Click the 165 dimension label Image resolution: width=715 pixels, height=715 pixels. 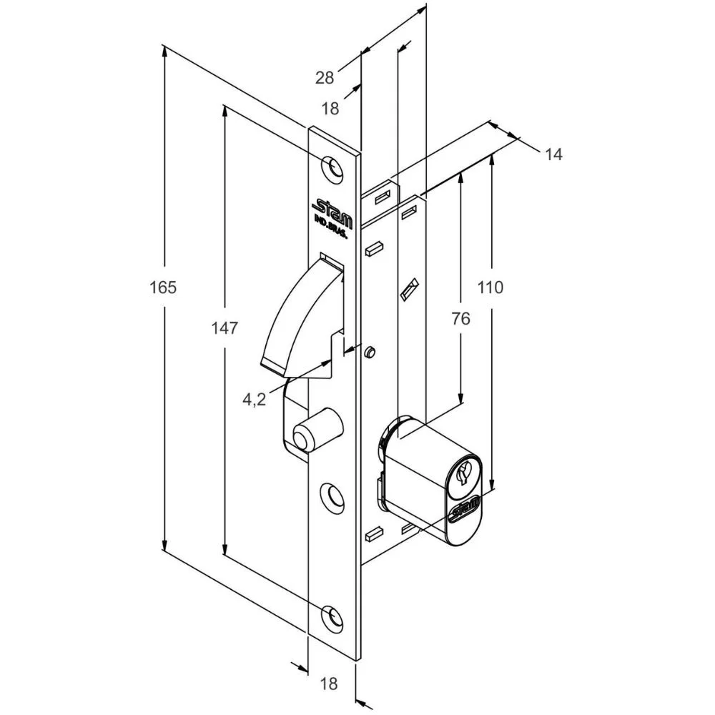pyautogui.click(x=163, y=287)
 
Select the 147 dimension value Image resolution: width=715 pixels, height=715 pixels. pyautogui.click(x=225, y=328)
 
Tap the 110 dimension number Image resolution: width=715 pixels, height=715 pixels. pyautogui.click(x=490, y=287)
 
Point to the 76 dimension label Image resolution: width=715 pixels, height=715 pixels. pyautogui.click(x=461, y=319)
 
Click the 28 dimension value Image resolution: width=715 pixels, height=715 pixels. pyautogui.click(x=325, y=78)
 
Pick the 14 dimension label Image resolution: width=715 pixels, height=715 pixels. pyautogui.click(x=553, y=154)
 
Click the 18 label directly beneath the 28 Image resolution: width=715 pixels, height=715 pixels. pyautogui.click(x=330, y=109)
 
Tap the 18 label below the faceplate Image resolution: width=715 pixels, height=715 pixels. pyautogui.click(x=329, y=684)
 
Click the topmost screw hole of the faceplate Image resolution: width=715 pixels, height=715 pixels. pyautogui.click(x=331, y=166)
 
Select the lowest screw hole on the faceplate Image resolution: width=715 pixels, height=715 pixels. pyautogui.click(x=331, y=616)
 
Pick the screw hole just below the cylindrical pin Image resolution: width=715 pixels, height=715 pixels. pyautogui.click(x=332, y=495)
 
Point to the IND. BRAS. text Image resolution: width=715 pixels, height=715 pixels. pyautogui.click(x=330, y=232)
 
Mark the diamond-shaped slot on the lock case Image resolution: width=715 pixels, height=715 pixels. pyautogui.click(x=408, y=289)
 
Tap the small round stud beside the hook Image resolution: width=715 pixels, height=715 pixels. pyautogui.click(x=370, y=352)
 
